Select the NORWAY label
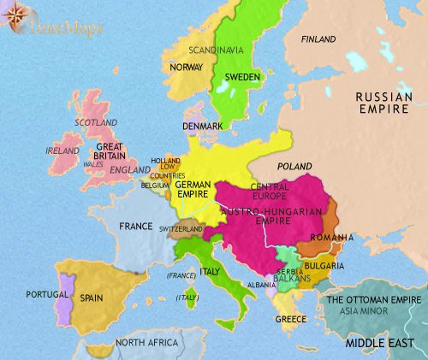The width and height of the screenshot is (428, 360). [186, 68]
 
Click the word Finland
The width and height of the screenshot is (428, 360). [318, 39]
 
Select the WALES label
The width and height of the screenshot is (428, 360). [92, 165]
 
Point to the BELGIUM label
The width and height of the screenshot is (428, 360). [155, 184]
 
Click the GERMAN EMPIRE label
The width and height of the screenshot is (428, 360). [193, 188]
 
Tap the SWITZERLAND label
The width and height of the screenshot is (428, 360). [181, 230]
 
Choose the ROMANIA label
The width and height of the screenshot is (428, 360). [333, 236]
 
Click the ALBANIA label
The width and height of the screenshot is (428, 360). [260, 283]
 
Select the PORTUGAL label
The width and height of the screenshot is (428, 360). [47, 294]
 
